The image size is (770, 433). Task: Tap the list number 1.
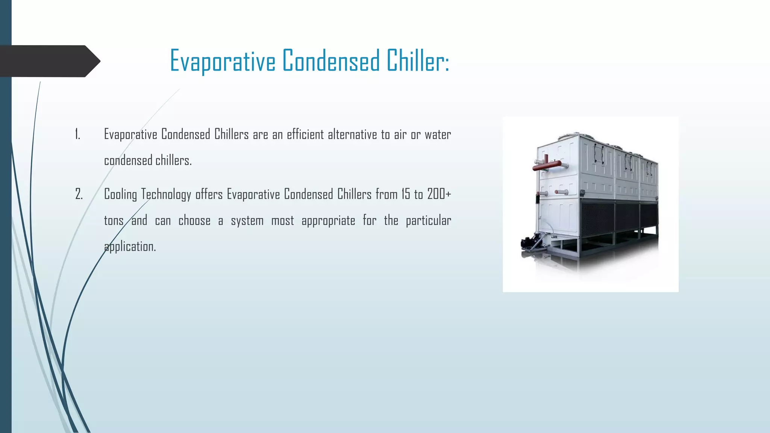tap(77, 134)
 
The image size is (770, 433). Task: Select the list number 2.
tap(79, 194)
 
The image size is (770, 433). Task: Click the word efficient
tap(305, 134)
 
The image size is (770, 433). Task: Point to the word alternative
tap(352, 134)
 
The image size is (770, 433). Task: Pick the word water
tap(438, 134)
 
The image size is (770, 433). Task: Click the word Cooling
tap(120, 195)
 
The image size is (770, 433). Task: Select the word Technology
tap(166, 195)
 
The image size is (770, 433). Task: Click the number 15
tap(406, 194)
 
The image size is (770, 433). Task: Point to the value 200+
tap(439, 194)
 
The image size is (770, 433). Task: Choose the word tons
tap(114, 221)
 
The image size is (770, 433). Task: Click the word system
tap(247, 221)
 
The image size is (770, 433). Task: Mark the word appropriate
tap(328, 221)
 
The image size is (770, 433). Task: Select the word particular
tap(428, 221)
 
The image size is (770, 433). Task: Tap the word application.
tap(130, 247)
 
